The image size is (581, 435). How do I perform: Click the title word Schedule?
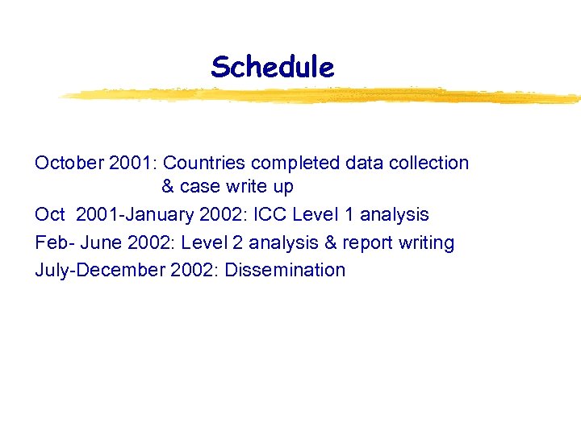coord(272,67)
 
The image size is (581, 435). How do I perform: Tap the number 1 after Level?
coord(348,215)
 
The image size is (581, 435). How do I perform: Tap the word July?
coord(51,270)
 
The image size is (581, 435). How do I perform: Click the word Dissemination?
coord(285,270)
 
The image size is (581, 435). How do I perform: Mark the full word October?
coord(68,163)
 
